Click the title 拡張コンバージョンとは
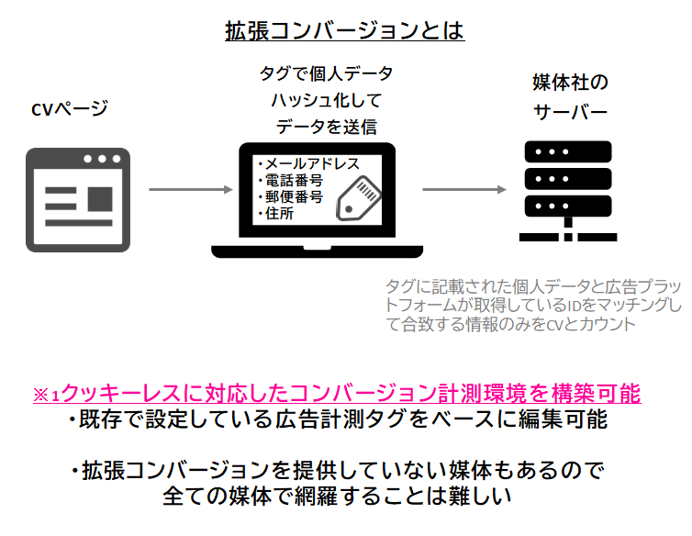pyautogui.click(x=345, y=31)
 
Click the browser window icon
pyautogui.click(x=76, y=197)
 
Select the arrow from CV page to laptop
pyautogui.click(x=190, y=190)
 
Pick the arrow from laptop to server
pyautogui.click(x=464, y=190)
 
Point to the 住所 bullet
pyautogui.click(x=280, y=214)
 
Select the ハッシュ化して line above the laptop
pyautogui.click(x=325, y=100)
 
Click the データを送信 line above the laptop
pyautogui.click(x=326, y=127)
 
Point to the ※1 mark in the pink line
pyautogui.click(x=46, y=395)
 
